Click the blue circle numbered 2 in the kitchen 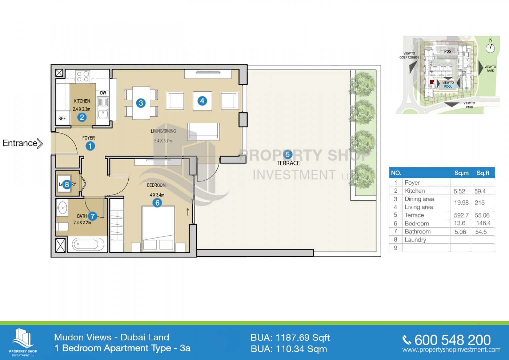[82, 117]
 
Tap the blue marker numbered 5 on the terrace [288, 155]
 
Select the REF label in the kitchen [62, 118]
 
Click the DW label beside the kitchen [103, 93]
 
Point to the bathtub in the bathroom [88, 244]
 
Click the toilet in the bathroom [62, 227]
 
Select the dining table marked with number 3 [141, 103]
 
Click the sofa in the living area [203, 131]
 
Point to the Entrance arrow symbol [40, 143]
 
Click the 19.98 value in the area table [461, 203]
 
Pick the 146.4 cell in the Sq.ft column [483, 223]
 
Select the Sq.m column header [461, 173]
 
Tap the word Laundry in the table [415, 240]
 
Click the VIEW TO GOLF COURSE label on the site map [409, 55]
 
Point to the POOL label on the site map [448, 86]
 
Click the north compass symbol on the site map [490, 48]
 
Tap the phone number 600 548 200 [452, 340]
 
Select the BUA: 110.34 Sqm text [289, 349]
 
